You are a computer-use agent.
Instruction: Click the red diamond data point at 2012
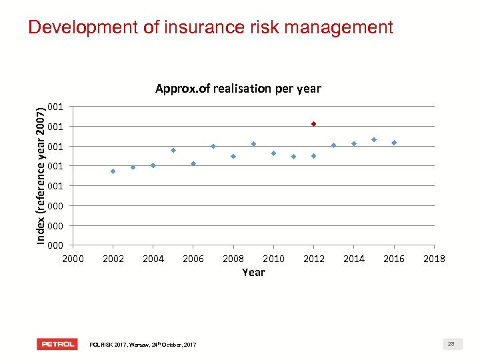(x=313, y=124)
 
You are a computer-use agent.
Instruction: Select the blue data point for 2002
(x=113, y=171)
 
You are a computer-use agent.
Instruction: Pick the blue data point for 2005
(x=173, y=150)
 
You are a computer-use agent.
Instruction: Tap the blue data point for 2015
(x=374, y=139)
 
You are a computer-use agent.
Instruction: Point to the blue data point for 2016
(x=394, y=143)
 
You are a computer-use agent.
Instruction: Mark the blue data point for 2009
(x=253, y=144)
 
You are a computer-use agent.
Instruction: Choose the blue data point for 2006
(x=193, y=163)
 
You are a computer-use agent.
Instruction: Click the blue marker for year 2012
(x=313, y=156)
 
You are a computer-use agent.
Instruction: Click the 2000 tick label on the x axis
(x=73, y=259)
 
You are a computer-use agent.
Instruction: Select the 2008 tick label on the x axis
(x=233, y=259)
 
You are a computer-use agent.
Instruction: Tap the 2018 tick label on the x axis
(x=434, y=259)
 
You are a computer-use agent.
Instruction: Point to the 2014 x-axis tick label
(x=354, y=259)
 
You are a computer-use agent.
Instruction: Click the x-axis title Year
(x=253, y=272)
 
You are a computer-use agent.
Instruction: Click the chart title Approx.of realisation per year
(x=238, y=89)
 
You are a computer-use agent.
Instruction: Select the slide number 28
(x=451, y=344)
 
